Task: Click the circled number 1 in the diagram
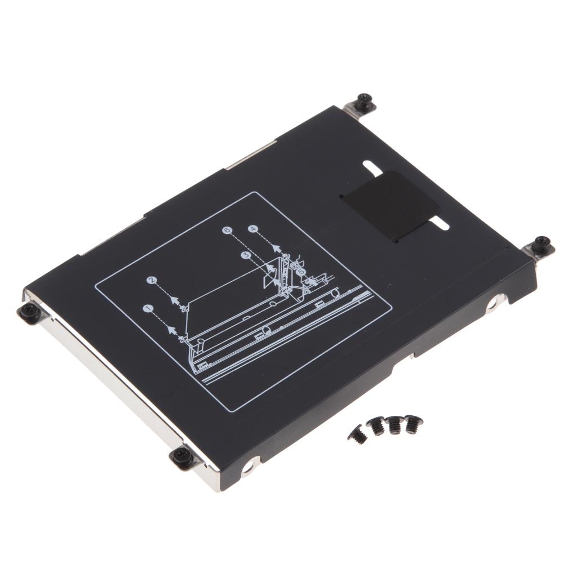coord(148,308)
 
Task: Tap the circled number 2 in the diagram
coord(151,280)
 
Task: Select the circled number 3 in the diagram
coord(245,255)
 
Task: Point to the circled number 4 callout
coord(253,229)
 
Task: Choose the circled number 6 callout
coord(227,230)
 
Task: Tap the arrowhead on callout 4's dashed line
coord(276,247)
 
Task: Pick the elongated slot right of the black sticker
coord(440,225)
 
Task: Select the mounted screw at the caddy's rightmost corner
coord(542,243)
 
